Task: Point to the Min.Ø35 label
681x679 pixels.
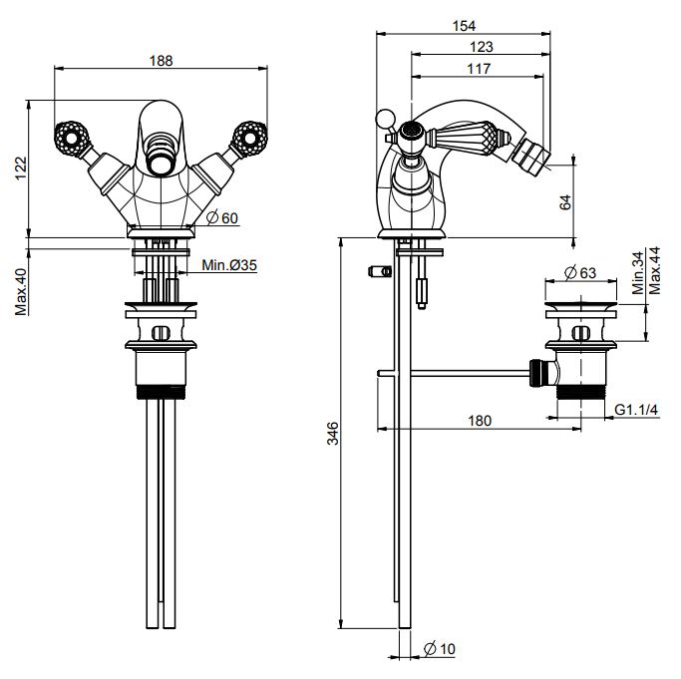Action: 229,265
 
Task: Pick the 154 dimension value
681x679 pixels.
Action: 463,25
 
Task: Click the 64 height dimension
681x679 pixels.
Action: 566,201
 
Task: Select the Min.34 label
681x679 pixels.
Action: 639,271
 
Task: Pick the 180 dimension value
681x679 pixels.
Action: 479,421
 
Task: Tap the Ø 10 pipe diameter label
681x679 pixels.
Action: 440,649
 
